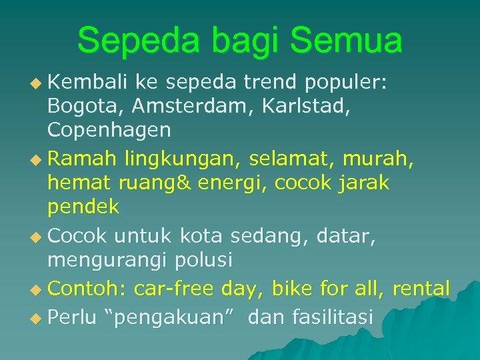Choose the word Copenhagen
[109, 130]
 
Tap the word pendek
[83, 207]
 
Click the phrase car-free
[173, 289]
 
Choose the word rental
[421, 289]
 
